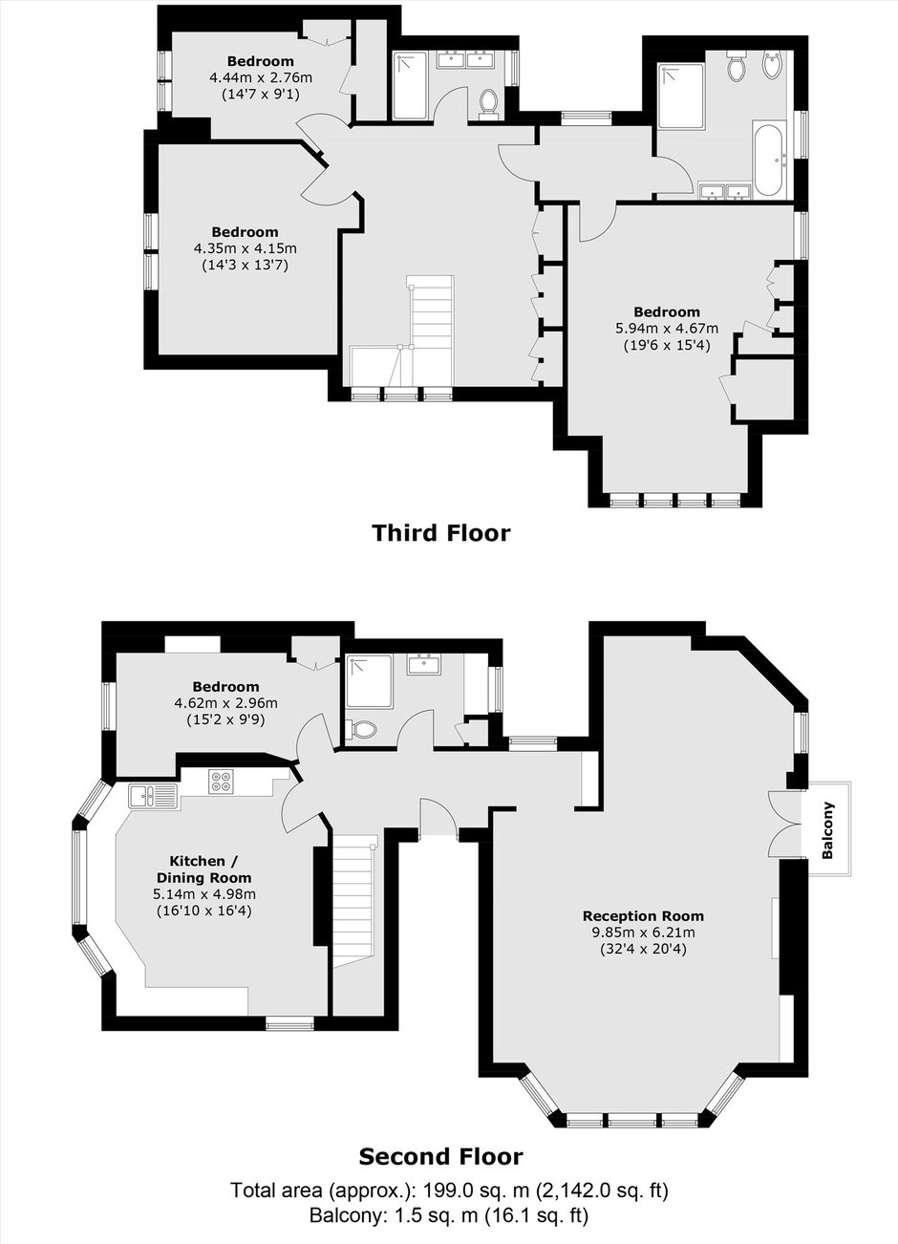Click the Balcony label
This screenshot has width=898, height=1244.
click(x=828, y=829)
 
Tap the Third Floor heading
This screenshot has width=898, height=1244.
click(x=441, y=533)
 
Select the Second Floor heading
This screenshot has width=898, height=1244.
click(x=441, y=1157)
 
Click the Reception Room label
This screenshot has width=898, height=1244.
click(x=643, y=915)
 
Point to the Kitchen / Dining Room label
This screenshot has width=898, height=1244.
click(x=204, y=869)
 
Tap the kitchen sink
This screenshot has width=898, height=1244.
click(x=153, y=796)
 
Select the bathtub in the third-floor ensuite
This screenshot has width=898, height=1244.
click(x=769, y=160)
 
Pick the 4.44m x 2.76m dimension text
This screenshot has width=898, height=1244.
click(x=261, y=77)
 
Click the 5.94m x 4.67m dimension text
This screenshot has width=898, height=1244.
click(x=667, y=329)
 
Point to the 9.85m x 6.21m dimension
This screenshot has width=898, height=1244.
click(x=643, y=933)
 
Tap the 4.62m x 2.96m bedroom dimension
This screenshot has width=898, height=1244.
click(x=226, y=703)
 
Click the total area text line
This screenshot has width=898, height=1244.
click(x=449, y=1190)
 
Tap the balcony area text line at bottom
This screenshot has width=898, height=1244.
click(x=449, y=1215)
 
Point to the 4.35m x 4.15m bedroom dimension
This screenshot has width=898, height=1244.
click(x=245, y=248)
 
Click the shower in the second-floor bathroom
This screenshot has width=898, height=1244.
click(x=369, y=680)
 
